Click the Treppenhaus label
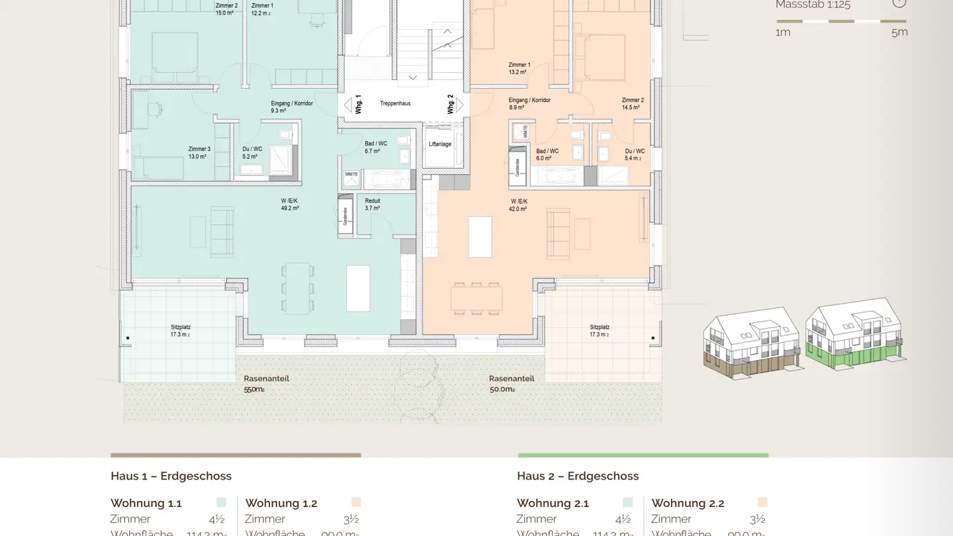395,104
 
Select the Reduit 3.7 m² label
373,204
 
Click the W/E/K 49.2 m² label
290,204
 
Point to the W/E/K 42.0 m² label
518,205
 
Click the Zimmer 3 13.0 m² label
199,153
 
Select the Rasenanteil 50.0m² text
511,384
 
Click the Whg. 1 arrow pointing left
347,105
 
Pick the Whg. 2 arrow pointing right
460,105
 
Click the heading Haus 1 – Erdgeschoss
171,476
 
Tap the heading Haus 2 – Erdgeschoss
577,476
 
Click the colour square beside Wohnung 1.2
356,502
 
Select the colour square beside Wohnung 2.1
627,502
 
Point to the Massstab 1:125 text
813,5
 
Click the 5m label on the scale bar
899,32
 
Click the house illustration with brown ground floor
752,343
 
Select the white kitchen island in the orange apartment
480,236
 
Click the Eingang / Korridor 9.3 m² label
291,107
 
